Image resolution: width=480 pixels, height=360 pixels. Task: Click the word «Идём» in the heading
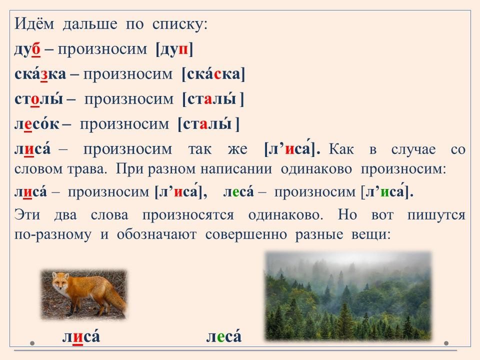click(x=34, y=23)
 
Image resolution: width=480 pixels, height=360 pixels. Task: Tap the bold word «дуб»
click(x=27, y=49)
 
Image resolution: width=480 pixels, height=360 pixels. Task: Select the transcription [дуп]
click(x=174, y=49)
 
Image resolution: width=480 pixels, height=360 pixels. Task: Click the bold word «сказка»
click(x=40, y=74)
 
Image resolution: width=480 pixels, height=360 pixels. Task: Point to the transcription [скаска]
click(x=213, y=74)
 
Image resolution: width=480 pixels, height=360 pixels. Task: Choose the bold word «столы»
click(x=39, y=99)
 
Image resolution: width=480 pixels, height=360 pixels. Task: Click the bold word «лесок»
click(x=36, y=123)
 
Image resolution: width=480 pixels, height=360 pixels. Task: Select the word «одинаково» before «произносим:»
click(x=316, y=169)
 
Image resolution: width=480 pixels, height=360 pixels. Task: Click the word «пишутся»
click(x=436, y=215)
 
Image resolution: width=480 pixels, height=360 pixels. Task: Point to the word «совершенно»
click(x=246, y=235)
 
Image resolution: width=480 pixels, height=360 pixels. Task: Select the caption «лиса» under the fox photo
click(x=81, y=336)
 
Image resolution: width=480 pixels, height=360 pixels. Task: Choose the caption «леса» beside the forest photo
click(x=224, y=336)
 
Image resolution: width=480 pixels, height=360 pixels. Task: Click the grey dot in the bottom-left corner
click(x=32, y=343)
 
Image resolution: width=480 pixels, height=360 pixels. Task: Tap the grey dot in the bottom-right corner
click(x=446, y=343)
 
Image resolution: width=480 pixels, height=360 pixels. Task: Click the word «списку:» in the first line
click(x=180, y=24)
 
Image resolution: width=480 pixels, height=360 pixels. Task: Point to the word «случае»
click(x=413, y=149)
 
